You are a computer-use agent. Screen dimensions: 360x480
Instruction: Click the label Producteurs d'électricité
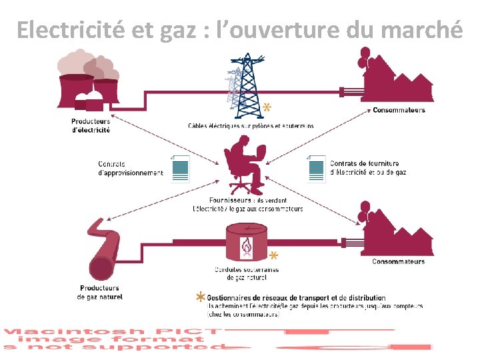tap(91, 125)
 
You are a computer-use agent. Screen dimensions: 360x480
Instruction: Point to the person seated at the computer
tap(244, 167)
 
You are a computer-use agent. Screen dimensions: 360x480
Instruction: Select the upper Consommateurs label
tap(399, 110)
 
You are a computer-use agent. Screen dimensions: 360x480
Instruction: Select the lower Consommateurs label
tap(398, 261)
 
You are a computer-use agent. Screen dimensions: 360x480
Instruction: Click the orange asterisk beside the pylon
tap(267, 107)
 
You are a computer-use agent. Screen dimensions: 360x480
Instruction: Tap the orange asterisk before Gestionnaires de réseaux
tap(199, 297)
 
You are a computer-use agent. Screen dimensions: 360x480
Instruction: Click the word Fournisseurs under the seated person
tap(230, 199)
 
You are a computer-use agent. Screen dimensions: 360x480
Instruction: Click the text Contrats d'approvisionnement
tap(130, 169)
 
